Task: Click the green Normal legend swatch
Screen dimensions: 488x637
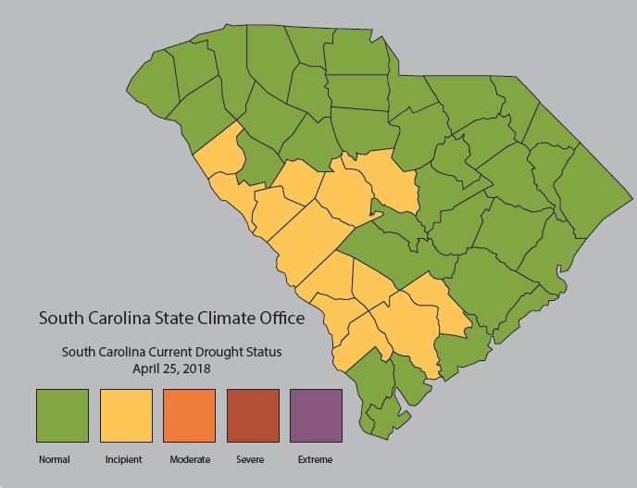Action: click(x=62, y=416)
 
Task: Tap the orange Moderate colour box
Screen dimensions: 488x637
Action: click(x=189, y=416)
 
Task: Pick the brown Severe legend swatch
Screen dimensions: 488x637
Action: click(x=253, y=416)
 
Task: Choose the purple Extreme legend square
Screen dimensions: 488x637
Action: click(x=316, y=416)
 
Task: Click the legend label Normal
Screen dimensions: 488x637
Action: click(x=54, y=459)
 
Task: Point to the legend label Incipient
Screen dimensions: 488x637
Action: click(x=123, y=459)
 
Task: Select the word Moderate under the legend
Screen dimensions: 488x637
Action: click(x=190, y=459)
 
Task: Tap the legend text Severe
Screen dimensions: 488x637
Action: click(x=250, y=459)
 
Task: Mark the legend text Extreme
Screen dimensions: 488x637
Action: click(x=315, y=459)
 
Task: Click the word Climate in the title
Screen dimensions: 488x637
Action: click(x=230, y=319)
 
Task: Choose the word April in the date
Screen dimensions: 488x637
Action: click(x=147, y=368)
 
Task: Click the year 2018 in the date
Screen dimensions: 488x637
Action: click(x=197, y=368)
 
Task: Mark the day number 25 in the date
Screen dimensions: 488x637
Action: click(x=172, y=368)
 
